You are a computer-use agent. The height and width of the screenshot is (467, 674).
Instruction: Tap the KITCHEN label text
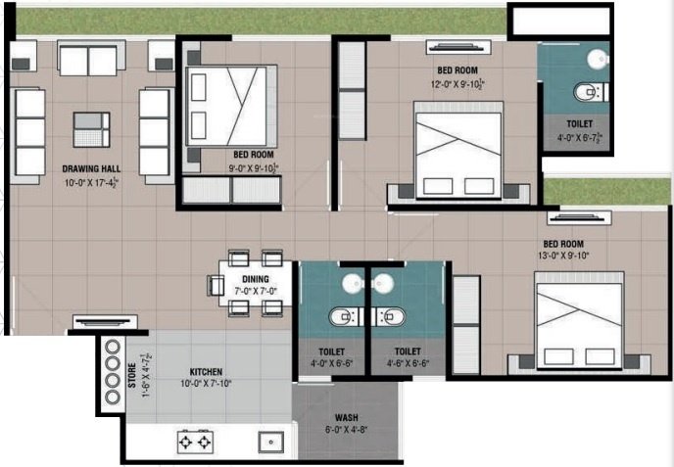[x=206, y=372]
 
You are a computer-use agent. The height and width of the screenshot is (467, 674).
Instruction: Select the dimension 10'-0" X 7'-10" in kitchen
[x=207, y=384]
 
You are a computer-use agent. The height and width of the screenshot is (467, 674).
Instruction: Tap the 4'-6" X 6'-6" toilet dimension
[x=408, y=362]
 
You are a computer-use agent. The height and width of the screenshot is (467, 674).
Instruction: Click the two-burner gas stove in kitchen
[x=194, y=442]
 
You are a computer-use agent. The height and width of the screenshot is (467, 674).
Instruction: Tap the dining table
[x=251, y=283]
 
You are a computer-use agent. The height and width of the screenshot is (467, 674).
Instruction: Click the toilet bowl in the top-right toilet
[x=586, y=94]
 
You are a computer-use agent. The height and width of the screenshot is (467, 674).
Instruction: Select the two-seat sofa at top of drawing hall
[x=87, y=60]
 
